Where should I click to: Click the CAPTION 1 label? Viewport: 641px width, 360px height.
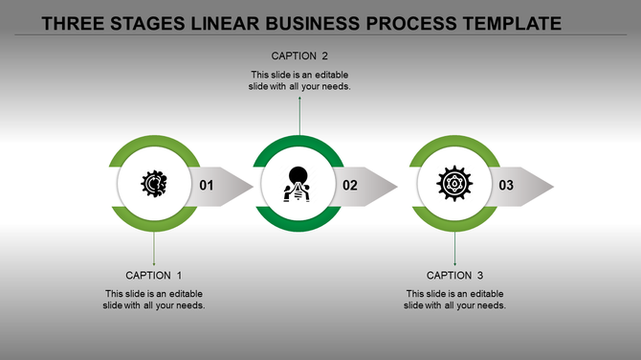click(153, 276)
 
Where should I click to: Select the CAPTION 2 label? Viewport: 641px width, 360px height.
click(299, 56)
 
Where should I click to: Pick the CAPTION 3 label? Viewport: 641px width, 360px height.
click(454, 276)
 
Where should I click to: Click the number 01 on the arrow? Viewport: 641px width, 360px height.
click(208, 185)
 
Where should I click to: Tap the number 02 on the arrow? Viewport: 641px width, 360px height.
click(350, 185)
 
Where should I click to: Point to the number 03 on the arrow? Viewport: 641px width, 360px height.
click(506, 185)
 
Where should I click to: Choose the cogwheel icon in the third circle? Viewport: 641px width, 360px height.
click(453, 184)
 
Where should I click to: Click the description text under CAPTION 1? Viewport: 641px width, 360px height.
click(153, 300)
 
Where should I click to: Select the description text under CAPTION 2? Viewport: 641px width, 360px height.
click(299, 80)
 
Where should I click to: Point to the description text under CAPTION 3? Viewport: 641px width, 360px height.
click(454, 300)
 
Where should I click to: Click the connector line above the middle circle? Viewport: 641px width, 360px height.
click(299, 116)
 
